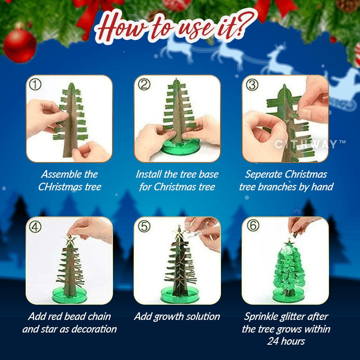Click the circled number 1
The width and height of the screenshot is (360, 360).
35,85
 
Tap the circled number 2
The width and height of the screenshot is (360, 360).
144,85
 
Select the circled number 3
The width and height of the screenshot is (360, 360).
252,85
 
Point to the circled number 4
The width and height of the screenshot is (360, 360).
35,227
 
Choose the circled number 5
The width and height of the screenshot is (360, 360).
144,226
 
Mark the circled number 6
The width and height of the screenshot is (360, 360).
253,225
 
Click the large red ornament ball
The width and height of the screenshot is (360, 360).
20,45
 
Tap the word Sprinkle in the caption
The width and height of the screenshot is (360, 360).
261,317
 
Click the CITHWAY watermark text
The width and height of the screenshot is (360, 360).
310,144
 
